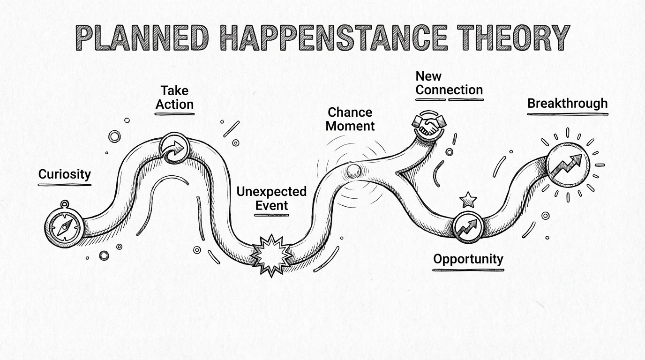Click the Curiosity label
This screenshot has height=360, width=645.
click(x=64, y=174)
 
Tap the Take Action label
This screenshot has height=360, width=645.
click(x=174, y=97)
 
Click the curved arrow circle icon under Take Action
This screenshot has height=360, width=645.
click(x=174, y=149)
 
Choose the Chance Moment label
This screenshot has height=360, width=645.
click(x=351, y=119)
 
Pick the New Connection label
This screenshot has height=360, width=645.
click(x=449, y=83)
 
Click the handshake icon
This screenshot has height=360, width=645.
click(x=428, y=124)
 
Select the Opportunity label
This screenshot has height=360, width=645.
click(x=468, y=259)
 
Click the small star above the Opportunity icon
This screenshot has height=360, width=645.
click(x=468, y=200)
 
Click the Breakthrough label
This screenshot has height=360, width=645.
click(x=567, y=103)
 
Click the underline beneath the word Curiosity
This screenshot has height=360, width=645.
click(x=64, y=185)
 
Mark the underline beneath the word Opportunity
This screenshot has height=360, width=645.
click(x=468, y=270)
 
